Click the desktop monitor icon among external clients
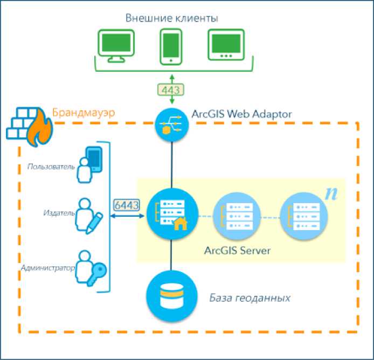(x=115, y=45)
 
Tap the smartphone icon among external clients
(x=170, y=44)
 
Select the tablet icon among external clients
(x=226, y=45)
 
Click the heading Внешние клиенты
(x=171, y=18)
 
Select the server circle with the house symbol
(x=170, y=215)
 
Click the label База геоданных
(x=250, y=297)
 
